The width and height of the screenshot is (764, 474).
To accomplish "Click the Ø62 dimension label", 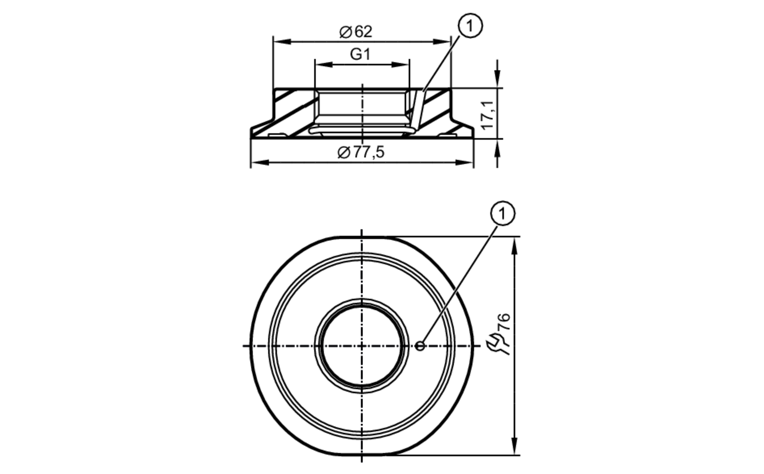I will pyautogui.click(x=356, y=32).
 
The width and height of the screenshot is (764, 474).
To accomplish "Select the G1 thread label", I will pyautogui.click(x=360, y=55).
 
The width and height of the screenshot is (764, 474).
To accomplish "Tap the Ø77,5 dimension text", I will pyautogui.click(x=361, y=152).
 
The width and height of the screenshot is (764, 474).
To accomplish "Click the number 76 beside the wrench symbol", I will pyautogui.click(x=504, y=322).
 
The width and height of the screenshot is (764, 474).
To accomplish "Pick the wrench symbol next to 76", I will pyautogui.click(x=497, y=343).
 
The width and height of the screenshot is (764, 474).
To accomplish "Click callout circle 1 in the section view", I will pyautogui.click(x=470, y=26).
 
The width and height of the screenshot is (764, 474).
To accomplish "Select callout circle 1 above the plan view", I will pyautogui.click(x=502, y=214).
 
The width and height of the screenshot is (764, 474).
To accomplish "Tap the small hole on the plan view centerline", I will pyautogui.click(x=420, y=346).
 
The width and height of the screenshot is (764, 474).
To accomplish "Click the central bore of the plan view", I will pyautogui.click(x=362, y=346).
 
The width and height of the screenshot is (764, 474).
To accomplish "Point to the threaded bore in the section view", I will pyautogui.click(x=362, y=109).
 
